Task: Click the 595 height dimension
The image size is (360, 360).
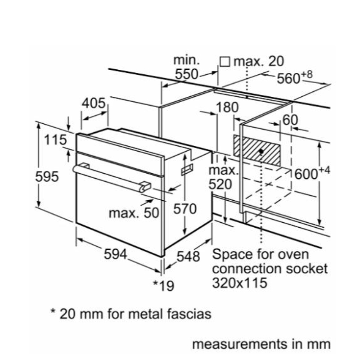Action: point(47,176)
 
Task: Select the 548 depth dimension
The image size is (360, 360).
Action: point(188,256)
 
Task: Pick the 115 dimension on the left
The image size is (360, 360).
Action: point(55,140)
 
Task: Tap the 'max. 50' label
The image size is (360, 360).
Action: point(134,213)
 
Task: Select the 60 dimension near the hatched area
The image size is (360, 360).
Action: point(291,120)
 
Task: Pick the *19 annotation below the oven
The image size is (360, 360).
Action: point(163,285)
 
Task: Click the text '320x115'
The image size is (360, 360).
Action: point(239,283)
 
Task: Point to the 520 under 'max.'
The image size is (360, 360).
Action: point(220,184)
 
